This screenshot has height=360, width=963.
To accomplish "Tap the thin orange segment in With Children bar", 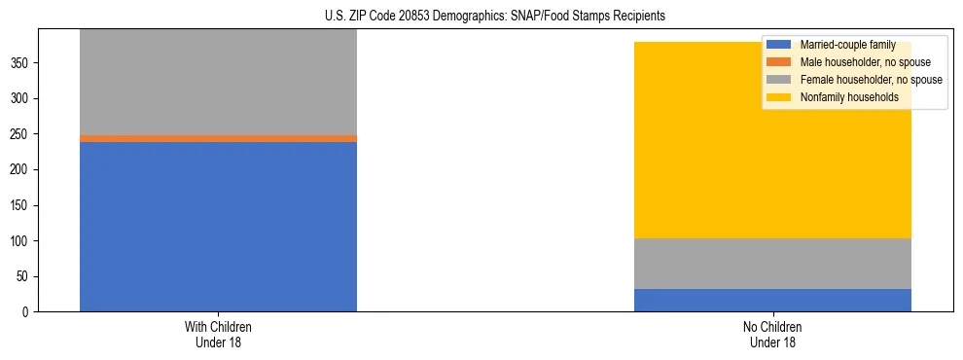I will point(218,139).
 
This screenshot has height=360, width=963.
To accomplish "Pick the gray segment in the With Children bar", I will point(218,83).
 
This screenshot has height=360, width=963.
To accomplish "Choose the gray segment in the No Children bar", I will point(772,264).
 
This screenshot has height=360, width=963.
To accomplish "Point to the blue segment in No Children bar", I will point(772,301).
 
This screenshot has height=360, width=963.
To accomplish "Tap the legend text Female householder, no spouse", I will point(871,80).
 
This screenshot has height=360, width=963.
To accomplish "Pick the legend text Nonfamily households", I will point(848,97).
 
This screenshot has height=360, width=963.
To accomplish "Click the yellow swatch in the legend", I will point(779,97).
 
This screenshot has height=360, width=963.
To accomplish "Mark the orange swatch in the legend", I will point(779,62).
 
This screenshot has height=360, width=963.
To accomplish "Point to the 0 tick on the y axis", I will point(28,312).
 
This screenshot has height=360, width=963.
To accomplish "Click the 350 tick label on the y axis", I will point(22,63).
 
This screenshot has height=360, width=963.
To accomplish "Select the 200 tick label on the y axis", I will point(22,170).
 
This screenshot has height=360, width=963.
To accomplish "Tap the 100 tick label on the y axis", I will point(22,241).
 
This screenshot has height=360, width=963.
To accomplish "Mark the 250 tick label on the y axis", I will point(22,134).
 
